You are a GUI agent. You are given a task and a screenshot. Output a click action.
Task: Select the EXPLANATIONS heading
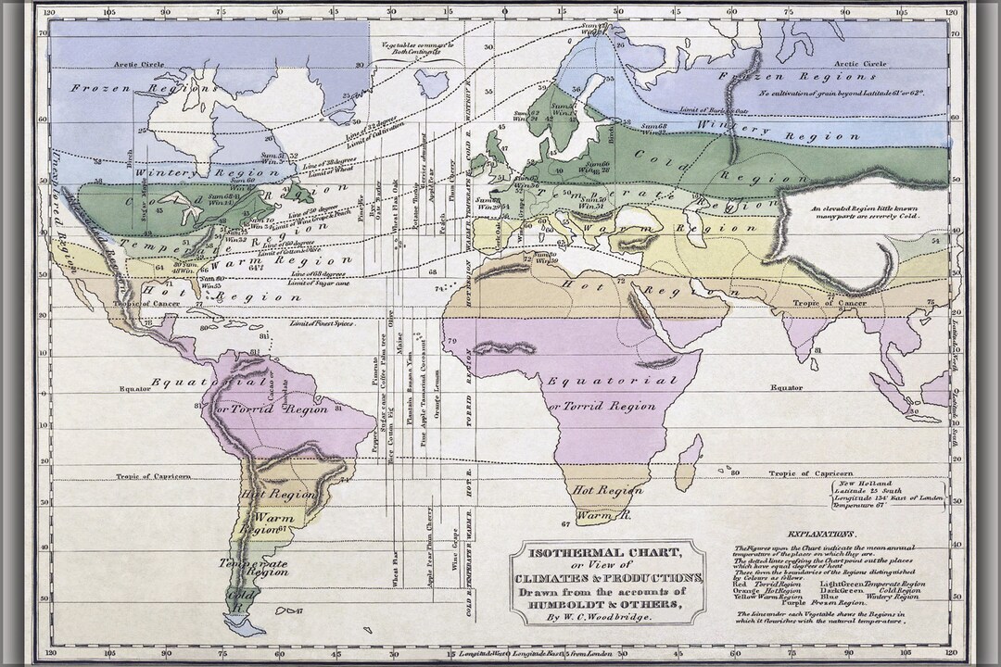821,535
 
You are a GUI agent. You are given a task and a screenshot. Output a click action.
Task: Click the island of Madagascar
688,462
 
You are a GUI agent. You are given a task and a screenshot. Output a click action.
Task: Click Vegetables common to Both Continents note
422,48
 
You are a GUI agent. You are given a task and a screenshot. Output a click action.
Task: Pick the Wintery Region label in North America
195,171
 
